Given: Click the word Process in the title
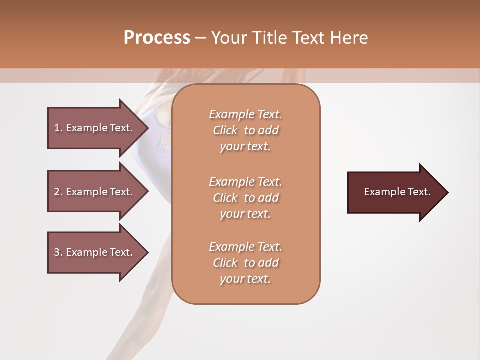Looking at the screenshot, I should click(157, 38).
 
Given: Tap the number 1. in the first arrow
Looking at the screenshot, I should click(58, 128).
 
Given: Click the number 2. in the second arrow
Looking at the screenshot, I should click(58, 192).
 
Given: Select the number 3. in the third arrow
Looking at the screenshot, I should click(58, 252).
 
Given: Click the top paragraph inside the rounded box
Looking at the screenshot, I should click(245, 130).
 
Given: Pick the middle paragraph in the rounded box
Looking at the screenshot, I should click(245, 198).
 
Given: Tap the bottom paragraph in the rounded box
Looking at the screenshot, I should click(245, 263).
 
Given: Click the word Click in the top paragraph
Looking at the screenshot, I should click(225, 131).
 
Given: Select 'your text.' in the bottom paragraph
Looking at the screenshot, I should click(245, 279).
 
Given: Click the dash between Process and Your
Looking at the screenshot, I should click(200, 38).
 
